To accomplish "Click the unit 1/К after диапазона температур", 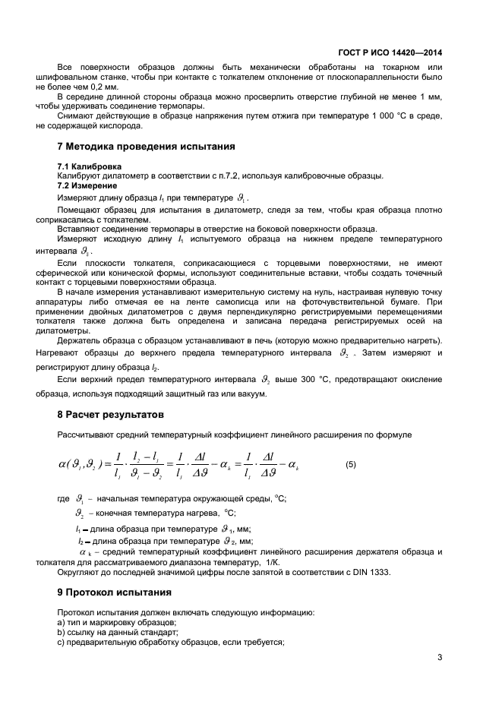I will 272,561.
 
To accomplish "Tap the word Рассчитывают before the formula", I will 85,434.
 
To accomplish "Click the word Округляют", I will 81,571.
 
